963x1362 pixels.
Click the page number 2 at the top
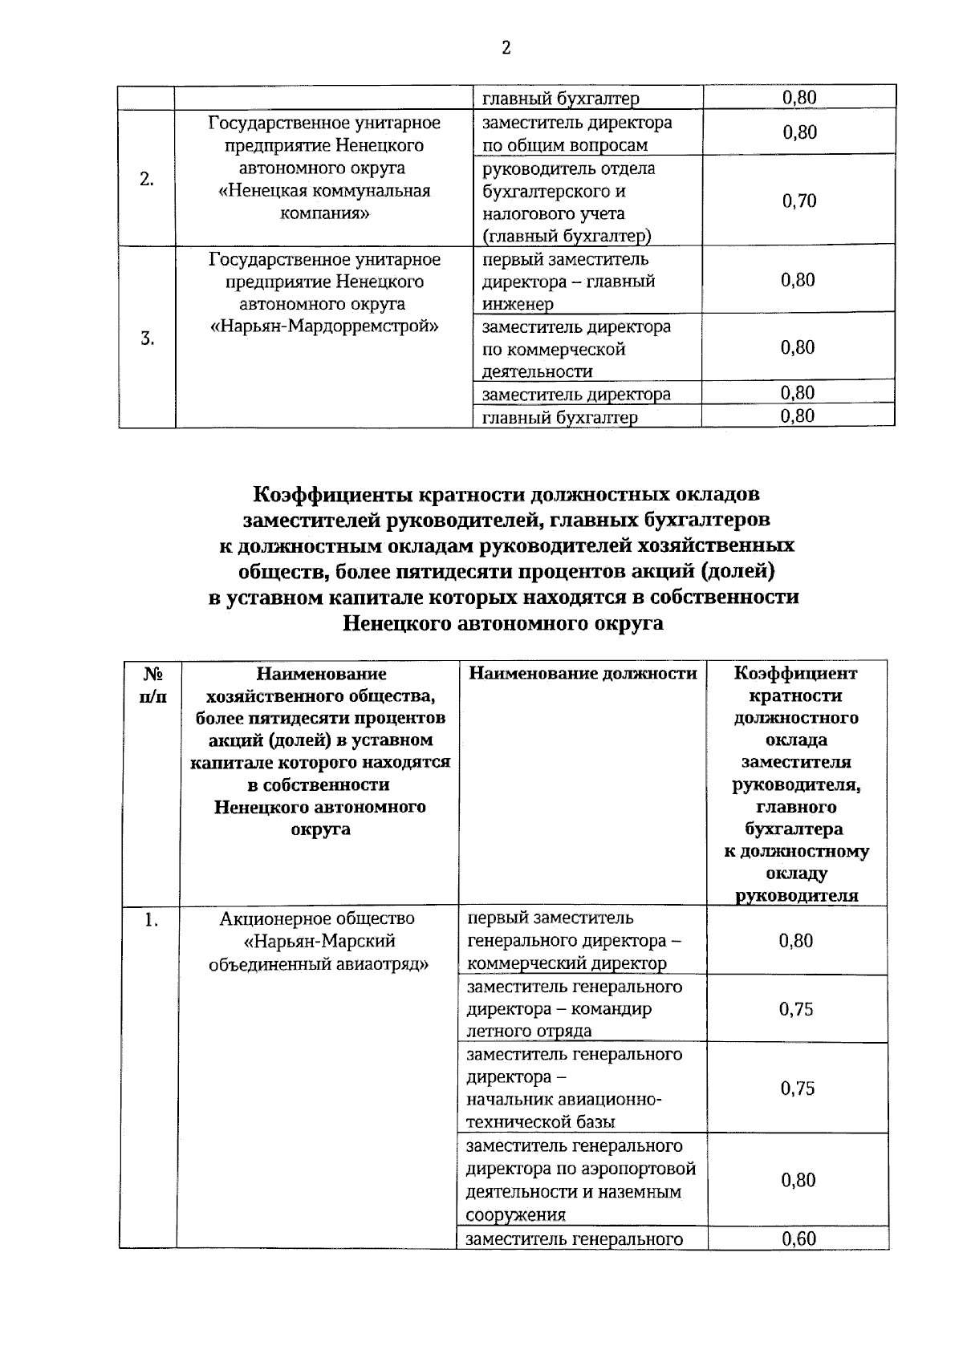click(x=506, y=48)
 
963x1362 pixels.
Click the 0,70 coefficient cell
click(x=799, y=201)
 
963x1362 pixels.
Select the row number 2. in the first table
click(x=146, y=180)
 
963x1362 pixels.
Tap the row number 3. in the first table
click(x=148, y=338)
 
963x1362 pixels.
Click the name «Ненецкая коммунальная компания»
click(x=324, y=202)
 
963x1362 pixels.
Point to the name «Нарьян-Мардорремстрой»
click(x=324, y=326)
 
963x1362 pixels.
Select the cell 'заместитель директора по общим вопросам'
click(x=577, y=134)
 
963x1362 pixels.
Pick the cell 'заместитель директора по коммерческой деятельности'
click(x=577, y=349)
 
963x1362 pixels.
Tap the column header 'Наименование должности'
click(x=583, y=674)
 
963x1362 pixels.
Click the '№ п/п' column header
click(x=152, y=685)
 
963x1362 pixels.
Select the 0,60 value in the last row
click(x=798, y=1239)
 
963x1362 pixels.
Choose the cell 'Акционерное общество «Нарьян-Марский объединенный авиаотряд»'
click(x=318, y=941)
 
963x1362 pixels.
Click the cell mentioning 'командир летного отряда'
click(x=574, y=1009)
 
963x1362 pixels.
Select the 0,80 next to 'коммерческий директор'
click(x=796, y=941)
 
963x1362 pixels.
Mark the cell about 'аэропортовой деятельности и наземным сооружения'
click(x=580, y=1180)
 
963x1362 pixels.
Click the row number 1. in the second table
click(x=151, y=920)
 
